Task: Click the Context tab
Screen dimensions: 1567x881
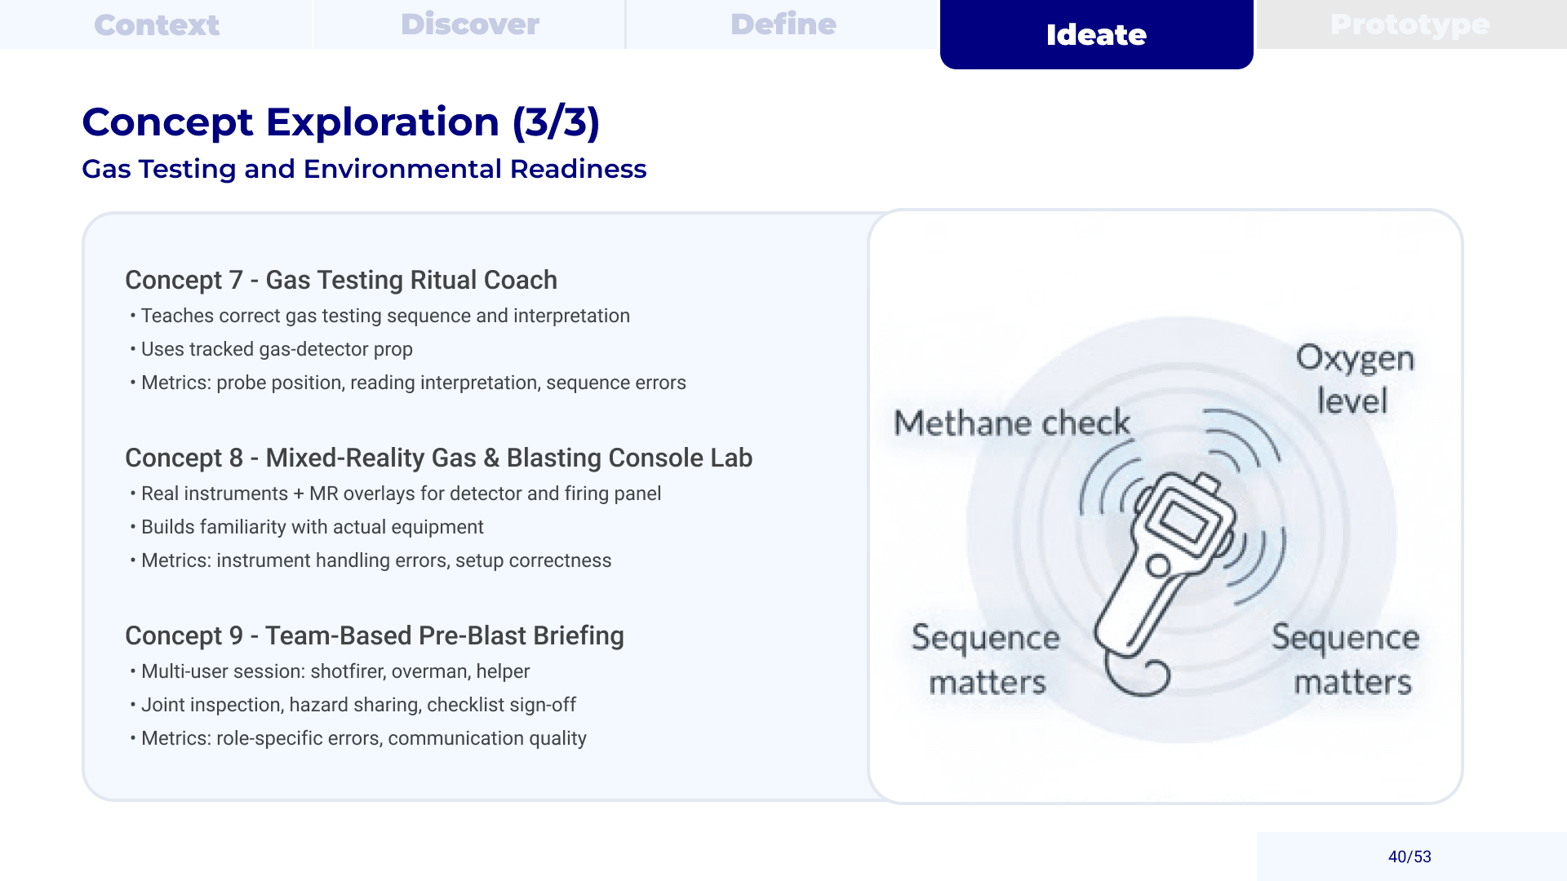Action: [x=157, y=24]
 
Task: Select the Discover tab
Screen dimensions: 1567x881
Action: [x=470, y=24]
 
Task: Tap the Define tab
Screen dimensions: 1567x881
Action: [x=783, y=24]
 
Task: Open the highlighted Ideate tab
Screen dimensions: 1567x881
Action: [x=1096, y=34]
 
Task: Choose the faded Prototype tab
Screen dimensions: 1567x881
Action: [x=1410, y=24]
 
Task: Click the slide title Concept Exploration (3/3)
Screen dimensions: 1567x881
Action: [x=341, y=122]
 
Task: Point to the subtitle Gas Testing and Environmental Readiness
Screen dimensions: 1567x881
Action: [x=364, y=169]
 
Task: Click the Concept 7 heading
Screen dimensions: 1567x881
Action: [x=341, y=280]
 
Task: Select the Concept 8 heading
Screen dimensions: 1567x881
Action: [x=438, y=458]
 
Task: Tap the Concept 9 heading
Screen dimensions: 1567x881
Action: [x=375, y=635]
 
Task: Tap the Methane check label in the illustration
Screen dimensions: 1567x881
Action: [x=1012, y=423]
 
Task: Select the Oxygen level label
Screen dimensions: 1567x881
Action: [x=1355, y=379]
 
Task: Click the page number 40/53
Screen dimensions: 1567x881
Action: [x=1409, y=857]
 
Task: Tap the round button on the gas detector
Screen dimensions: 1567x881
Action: [x=1157, y=565]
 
